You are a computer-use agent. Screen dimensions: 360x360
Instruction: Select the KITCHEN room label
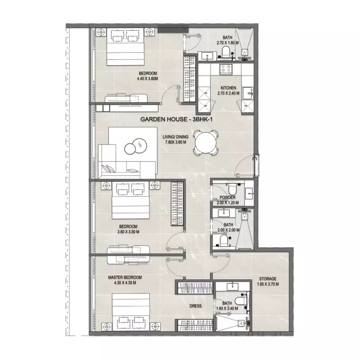coord(229,88)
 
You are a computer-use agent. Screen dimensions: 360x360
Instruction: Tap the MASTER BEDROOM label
coord(125,277)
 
